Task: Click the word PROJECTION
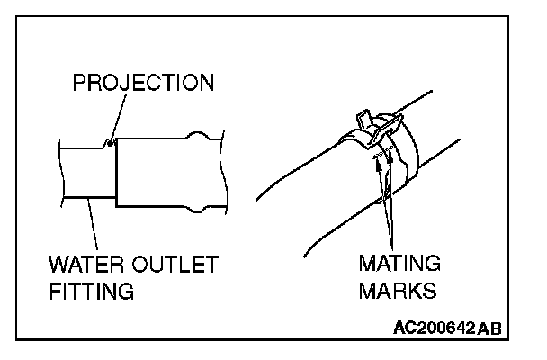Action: [143, 84]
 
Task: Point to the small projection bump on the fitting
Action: [108, 141]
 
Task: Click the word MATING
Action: [399, 266]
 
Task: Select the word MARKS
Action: [396, 292]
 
